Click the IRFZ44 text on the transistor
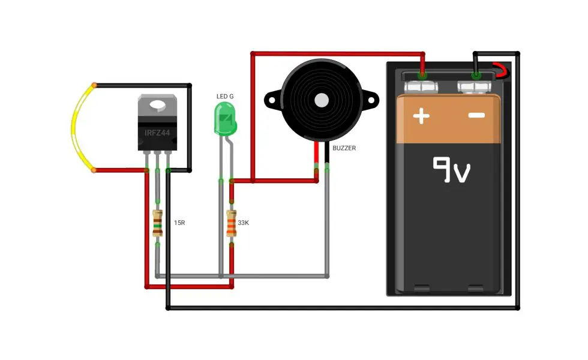click(157, 133)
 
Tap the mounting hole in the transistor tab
click(157, 106)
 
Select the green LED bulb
click(225, 119)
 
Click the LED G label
click(225, 97)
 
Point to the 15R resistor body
click(157, 223)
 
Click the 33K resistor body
click(232, 223)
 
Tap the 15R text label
click(179, 223)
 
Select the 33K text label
click(244, 223)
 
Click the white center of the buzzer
click(322, 100)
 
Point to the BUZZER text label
click(344, 148)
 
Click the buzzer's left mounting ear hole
click(271, 101)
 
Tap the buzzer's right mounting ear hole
click(371, 101)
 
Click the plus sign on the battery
click(421, 116)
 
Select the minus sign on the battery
click(476, 115)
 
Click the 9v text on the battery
click(451, 169)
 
